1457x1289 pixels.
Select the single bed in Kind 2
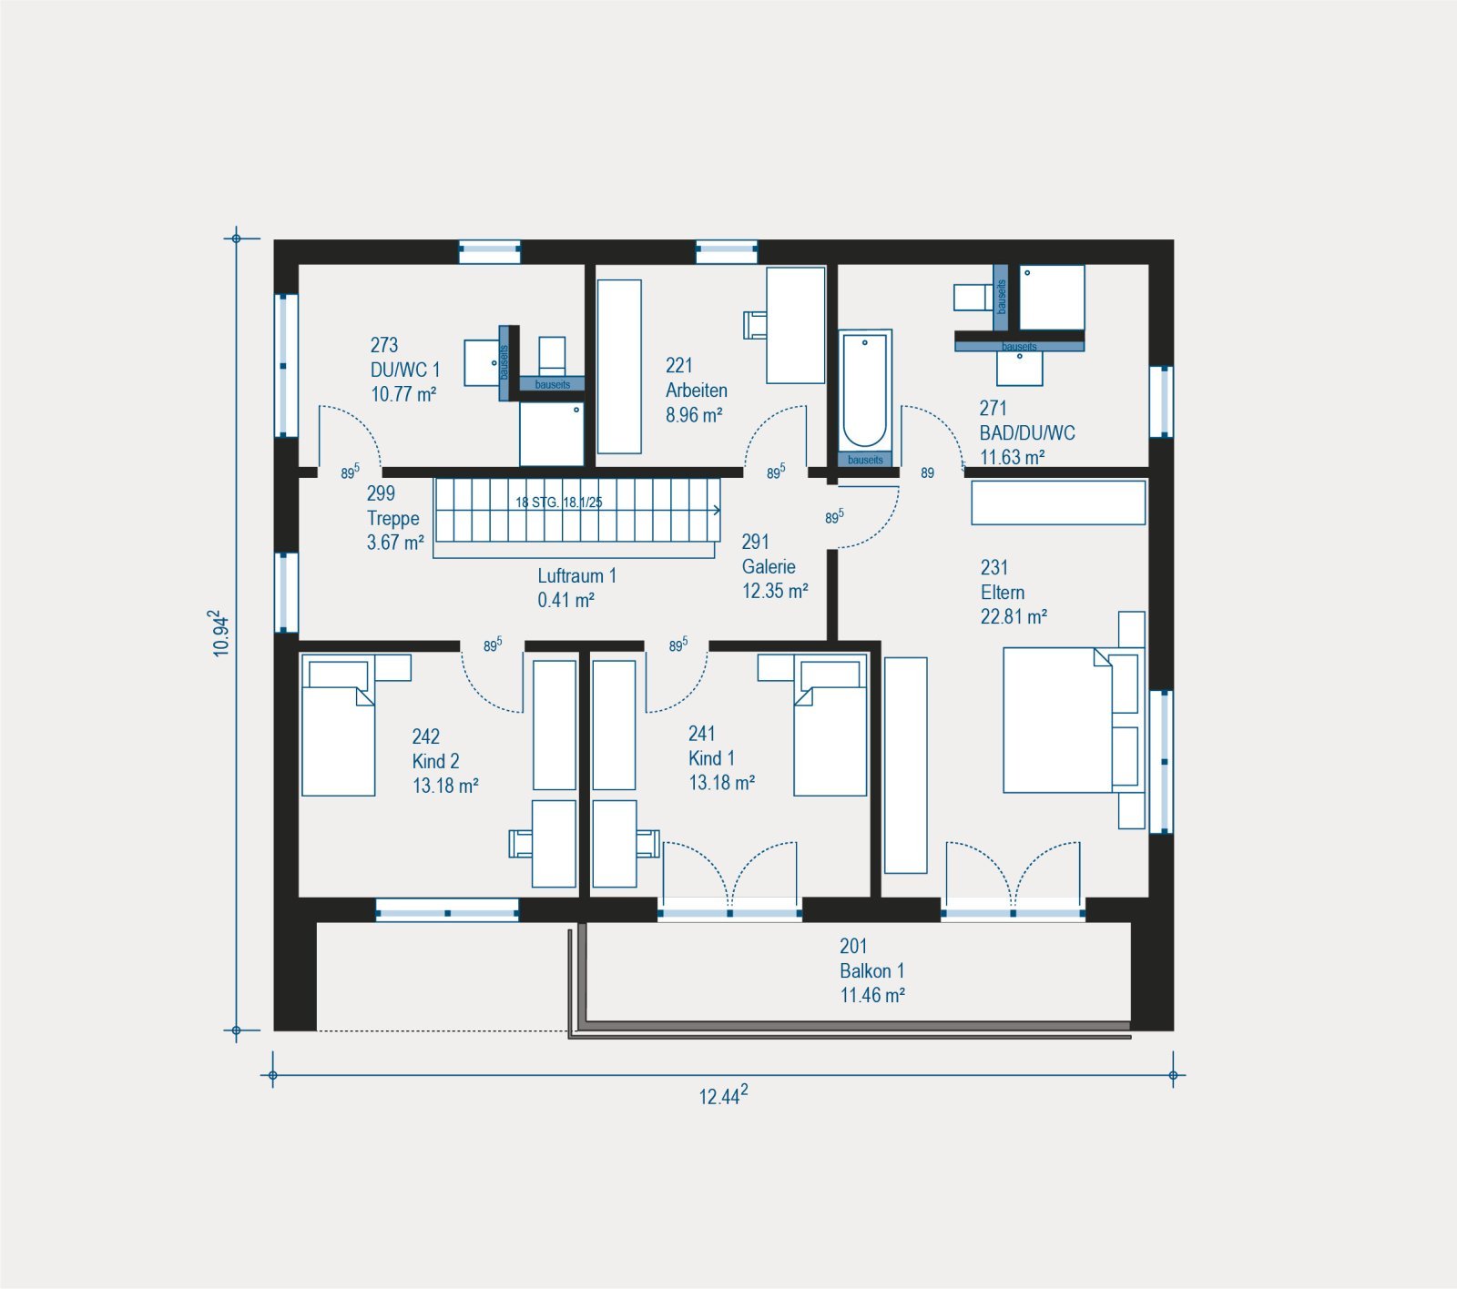(x=338, y=726)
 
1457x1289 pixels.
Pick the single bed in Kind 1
(x=830, y=726)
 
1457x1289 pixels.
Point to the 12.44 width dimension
(x=723, y=1095)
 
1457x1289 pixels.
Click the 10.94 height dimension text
(x=220, y=634)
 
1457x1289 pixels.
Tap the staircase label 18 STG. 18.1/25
(x=559, y=502)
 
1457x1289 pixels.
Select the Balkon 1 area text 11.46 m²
(x=872, y=995)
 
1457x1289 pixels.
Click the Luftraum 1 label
(x=576, y=575)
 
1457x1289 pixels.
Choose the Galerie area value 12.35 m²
(x=775, y=591)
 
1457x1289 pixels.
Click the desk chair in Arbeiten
(x=755, y=325)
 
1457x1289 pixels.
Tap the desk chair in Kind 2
(x=520, y=843)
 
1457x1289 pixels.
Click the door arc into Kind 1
(x=677, y=680)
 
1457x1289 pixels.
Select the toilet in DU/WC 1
(x=552, y=356)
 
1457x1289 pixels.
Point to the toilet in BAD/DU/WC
(x=973, y=297)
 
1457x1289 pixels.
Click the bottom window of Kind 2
(x=447, y=910)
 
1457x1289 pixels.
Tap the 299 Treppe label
(x=395, y=518)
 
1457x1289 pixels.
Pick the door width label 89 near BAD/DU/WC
(x=927, y=473)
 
